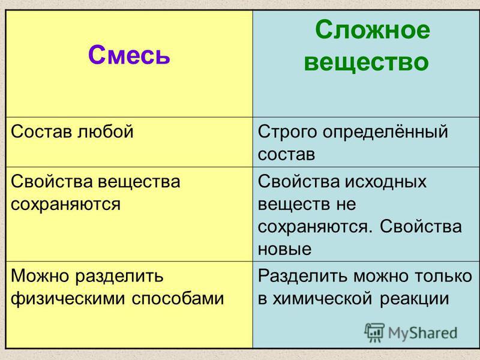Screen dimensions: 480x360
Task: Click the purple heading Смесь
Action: coord(129,55)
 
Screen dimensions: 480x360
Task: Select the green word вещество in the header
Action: coord(367,62)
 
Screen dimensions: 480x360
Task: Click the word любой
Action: coord(105,131)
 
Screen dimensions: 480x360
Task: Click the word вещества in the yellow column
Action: coord(139,182)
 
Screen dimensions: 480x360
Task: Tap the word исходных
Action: coord(386,182)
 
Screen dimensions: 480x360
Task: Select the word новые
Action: coord(284,249)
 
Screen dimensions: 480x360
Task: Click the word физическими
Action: coord(68,298)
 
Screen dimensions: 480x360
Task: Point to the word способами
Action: coord(178,298)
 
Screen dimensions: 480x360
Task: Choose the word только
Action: coord(443,276)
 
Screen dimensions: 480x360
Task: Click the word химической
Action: coord(322,299)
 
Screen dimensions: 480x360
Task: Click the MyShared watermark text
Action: coord(423,333)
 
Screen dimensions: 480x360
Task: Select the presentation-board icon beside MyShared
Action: coord(374,332)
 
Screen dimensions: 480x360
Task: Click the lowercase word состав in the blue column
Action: coord(287,154)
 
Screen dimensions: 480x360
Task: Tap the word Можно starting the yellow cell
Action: coord(40,276)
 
